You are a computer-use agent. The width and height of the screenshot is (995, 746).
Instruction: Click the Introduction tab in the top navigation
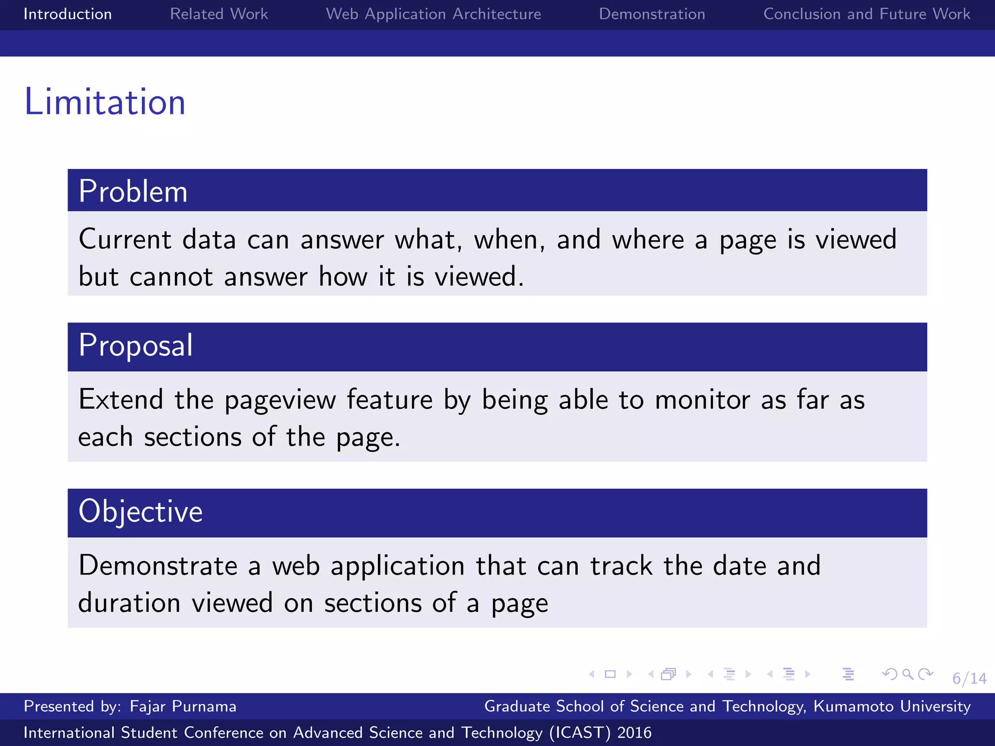click(x=68, y=14)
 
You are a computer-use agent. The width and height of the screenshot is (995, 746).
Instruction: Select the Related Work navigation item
click(x=219, y=14)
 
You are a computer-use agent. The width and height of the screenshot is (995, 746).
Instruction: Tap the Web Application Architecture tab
click(x=433, y=14)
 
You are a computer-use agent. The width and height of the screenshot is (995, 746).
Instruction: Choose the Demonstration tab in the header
click(x=652, y=14)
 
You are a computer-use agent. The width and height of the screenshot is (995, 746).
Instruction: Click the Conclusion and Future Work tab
click(x=867, y=14)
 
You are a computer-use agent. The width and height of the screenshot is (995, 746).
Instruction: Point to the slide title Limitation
click(x=105, y=102)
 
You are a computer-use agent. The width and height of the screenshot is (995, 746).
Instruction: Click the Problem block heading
click(x=133, y=191)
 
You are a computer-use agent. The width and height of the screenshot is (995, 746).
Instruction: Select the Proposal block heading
click(x=136, y=345)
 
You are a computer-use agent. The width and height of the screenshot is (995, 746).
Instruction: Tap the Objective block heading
click(x=140, y=511)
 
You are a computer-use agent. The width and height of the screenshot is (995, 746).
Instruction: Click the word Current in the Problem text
click(x=125, y=239)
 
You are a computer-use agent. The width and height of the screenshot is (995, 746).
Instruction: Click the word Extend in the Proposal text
click(x=120, y=400)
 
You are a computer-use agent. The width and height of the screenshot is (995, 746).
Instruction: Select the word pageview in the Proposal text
click(x=280, y=401)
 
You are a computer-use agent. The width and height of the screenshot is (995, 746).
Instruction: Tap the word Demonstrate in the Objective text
click(x=158, y=566)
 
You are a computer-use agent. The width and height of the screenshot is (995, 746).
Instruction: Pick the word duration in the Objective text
click(x=129, y=603)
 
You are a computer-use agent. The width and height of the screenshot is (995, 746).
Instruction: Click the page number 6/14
click(x=969, y=678)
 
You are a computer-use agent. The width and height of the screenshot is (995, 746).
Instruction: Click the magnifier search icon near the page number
click(x=907, y=674)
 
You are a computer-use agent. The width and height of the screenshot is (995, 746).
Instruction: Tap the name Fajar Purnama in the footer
click(x=183, y=706)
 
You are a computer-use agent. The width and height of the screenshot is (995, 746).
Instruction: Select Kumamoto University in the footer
click(x=892, y=706)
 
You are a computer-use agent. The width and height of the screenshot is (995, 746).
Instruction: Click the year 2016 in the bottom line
click(x=634, y=732)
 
